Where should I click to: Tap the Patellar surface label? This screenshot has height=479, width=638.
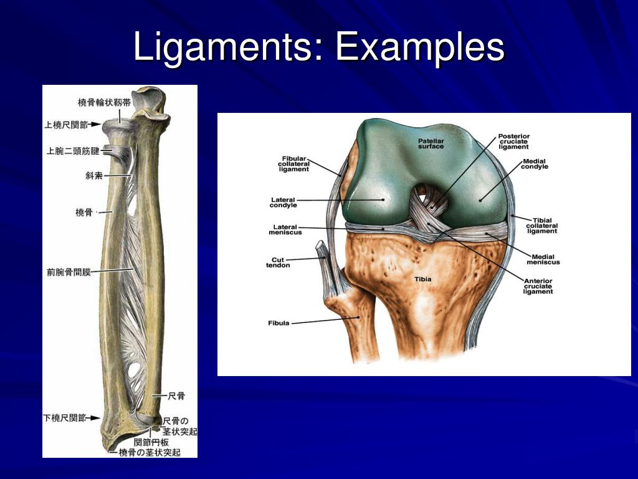pyautogui.click(x=431, y=143)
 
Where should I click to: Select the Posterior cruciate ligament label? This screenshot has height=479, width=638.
pyautogui.click(x=513, y=142)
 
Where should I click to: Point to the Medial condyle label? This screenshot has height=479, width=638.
pyautogui.click(x=533, y=164)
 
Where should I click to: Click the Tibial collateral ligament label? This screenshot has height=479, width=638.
pyautogui.click(x=541, y=226)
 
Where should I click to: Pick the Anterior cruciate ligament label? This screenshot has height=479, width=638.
pyautogui.click(x=538, y=286)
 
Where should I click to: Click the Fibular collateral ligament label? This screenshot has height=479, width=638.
pyautogui.click(x=294, y=164)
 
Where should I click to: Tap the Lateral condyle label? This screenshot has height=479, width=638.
pyautogui.click(x=283, y=202)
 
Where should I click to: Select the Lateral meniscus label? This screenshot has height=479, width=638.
pyautogui.click(x=285, y=230)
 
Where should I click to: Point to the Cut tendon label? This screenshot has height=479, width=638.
pyautogui.click(x=278, y=263)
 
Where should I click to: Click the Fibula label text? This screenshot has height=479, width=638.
pyautogui.click(x=279, y=323)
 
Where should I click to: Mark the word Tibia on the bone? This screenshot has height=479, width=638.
pyautogui.click(x=422, y=279)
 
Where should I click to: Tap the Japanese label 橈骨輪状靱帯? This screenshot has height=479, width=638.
pyautogui.click(x=104, y=102)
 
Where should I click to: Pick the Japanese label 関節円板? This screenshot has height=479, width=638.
pyautogui.click(x=151, y=442)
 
